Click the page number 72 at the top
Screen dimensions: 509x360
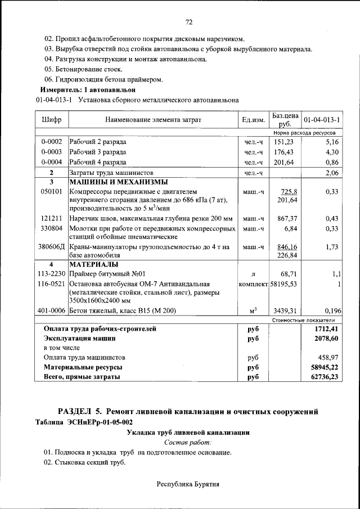tap(189, 22)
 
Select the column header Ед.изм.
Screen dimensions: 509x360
tap(253, 120)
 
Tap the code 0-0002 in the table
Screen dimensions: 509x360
tap(51, 142)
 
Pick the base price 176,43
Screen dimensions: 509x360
tap(284, 152)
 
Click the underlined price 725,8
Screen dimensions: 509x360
tap(289, 192)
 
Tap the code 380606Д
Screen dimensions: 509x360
tap(51, 246)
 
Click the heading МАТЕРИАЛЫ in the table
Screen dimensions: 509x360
tap(94, 264)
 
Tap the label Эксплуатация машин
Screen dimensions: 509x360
tap(80, 339)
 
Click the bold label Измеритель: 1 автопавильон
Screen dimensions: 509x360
tap(88, 89)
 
